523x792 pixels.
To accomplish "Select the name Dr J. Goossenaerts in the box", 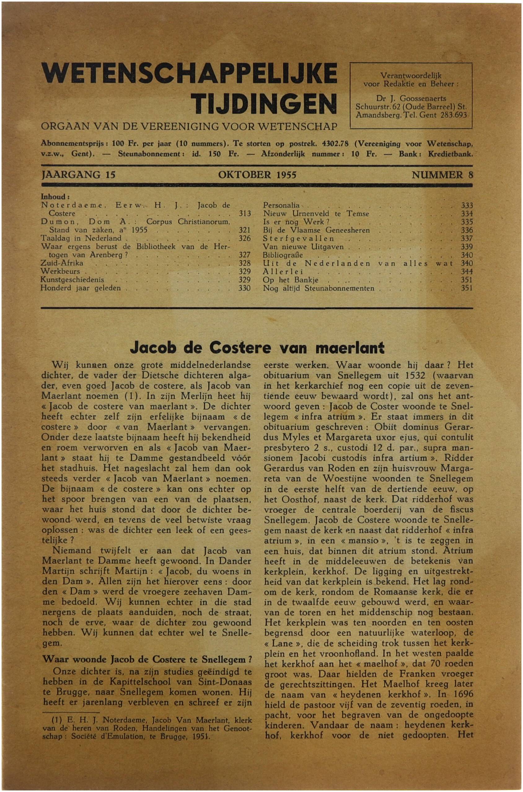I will click(411, 99).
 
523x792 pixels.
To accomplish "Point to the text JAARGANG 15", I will click(78, 175).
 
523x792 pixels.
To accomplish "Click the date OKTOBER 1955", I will click(257, 175).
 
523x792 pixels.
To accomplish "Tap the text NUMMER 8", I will click(442, 175).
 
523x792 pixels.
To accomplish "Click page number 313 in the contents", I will click(244, 213).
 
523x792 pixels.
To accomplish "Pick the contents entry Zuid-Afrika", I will click(62, 263).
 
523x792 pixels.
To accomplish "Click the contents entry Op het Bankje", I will click(291, 280).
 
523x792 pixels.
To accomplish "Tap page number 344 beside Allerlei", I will click(467, 271).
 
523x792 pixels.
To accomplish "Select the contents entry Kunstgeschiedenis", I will click(72, 280).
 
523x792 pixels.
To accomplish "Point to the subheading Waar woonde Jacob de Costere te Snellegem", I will click(147, 660).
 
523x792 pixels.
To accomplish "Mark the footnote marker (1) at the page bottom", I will click(58, 720).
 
